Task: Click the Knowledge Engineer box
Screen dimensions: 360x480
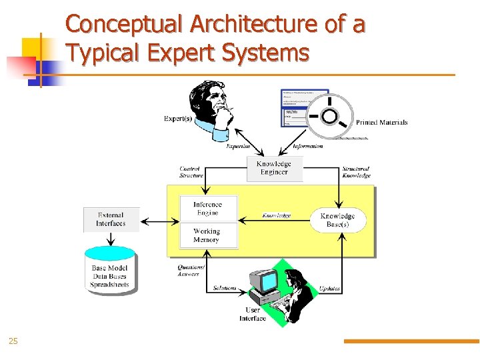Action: click(274, 169)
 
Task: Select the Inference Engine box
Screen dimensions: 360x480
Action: click(207, 209)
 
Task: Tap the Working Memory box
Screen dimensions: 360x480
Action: click(207, 235)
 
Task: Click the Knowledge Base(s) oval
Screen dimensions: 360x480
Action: click(337, 221)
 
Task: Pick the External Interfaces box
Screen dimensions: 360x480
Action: click(111, 219)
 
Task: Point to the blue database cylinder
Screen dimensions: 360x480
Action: click(111, 270)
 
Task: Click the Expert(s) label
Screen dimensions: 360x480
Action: click(178, 119)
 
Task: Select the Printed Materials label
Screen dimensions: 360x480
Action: click(381, 122)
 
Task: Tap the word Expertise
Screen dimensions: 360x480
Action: click(238, 146)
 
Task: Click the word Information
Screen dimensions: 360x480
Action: click(308, 146)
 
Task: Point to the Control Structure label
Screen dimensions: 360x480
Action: click(191, 172)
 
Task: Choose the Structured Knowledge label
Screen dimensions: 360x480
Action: click(356, 172)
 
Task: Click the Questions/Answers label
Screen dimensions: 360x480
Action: click(191, 270)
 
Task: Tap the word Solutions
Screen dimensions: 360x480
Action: click(225, 288)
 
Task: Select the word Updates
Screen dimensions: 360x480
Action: click(329, 289)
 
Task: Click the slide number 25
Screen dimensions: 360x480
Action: click(13, 342)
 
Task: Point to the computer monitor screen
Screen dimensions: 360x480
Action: click(268, 282)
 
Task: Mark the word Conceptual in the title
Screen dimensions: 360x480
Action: click(125, 24)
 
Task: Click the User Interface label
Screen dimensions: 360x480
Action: click(253, 314)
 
